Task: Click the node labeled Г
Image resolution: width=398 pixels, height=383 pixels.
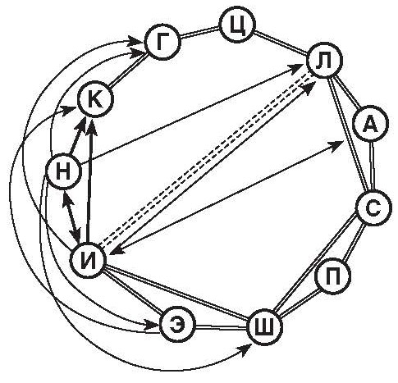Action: (163, 43)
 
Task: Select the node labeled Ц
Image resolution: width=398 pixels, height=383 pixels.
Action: (237, 26)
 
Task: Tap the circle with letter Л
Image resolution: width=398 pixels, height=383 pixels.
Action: (325, 60)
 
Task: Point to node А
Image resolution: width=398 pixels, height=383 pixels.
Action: (371, 124)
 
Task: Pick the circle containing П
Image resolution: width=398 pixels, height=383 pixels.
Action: (333, 276)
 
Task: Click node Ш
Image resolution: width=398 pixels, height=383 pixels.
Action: (264, 327)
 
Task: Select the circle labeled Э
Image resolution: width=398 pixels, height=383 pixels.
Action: (178, 324)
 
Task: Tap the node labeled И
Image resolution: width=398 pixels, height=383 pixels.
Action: (88, 260)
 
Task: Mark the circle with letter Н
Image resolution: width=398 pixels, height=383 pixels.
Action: (63, 171)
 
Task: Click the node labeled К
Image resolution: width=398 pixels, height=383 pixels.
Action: (95, 99)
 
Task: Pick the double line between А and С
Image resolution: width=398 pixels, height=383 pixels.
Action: (372, 166)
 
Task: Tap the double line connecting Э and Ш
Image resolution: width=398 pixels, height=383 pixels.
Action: (222, 326)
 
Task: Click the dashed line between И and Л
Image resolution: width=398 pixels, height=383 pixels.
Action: (206, 158)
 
